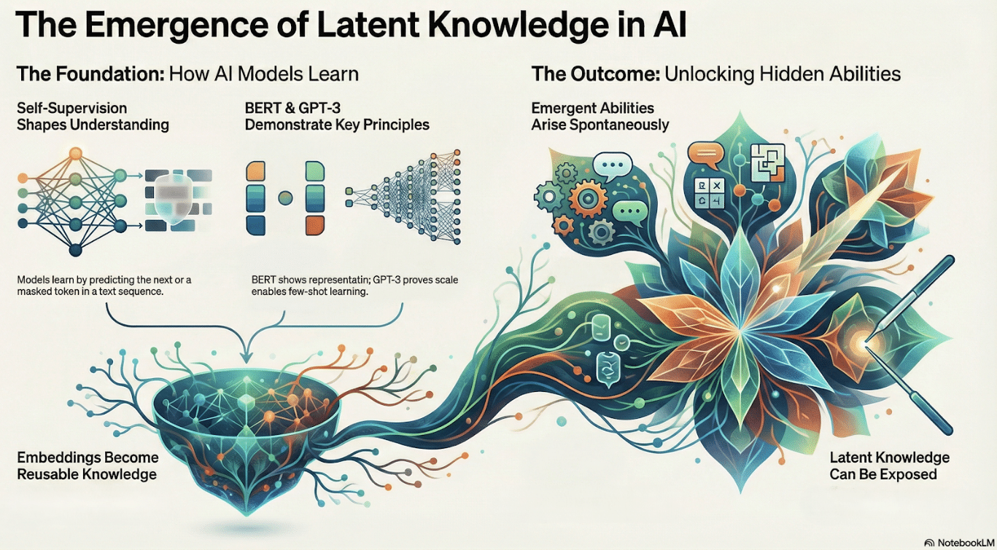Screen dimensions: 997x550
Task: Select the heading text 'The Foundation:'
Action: (90, 74)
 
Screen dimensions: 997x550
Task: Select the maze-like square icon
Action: (767, 162)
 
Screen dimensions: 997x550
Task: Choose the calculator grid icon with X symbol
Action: (710, 193)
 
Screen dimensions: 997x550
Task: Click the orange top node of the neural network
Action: (76, 154)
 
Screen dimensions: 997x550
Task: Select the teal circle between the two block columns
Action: (285, 198)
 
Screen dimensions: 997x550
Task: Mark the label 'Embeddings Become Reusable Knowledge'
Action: (88, 465)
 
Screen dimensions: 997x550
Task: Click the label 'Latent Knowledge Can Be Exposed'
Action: (889, 465)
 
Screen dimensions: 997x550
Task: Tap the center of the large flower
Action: (739, 331)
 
